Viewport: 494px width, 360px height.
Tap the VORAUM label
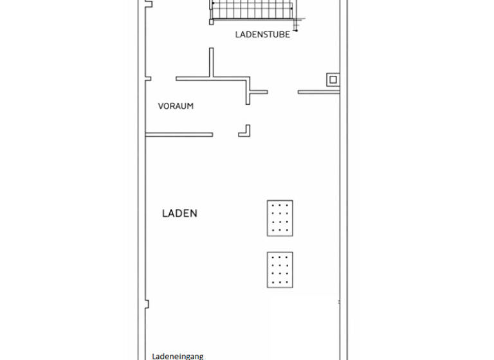[176, 106]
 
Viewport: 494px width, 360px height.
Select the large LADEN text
[179, 213]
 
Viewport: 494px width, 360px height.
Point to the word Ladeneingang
[178, 355]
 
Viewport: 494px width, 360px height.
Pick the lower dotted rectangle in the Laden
[280, 269]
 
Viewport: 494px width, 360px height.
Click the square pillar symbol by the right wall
[333, 80]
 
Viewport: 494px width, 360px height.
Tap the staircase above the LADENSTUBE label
[253, 11]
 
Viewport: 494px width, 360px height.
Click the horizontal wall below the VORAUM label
[179, 134]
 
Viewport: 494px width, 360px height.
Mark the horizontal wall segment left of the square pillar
[318, 92]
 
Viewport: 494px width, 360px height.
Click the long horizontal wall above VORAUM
[212, 79]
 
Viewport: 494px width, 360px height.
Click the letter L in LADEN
[165, 213]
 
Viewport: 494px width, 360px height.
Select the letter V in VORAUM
[161, 106]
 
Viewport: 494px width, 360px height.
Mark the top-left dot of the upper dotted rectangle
[273, 206]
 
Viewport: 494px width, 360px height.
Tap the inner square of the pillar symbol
[333, 80]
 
